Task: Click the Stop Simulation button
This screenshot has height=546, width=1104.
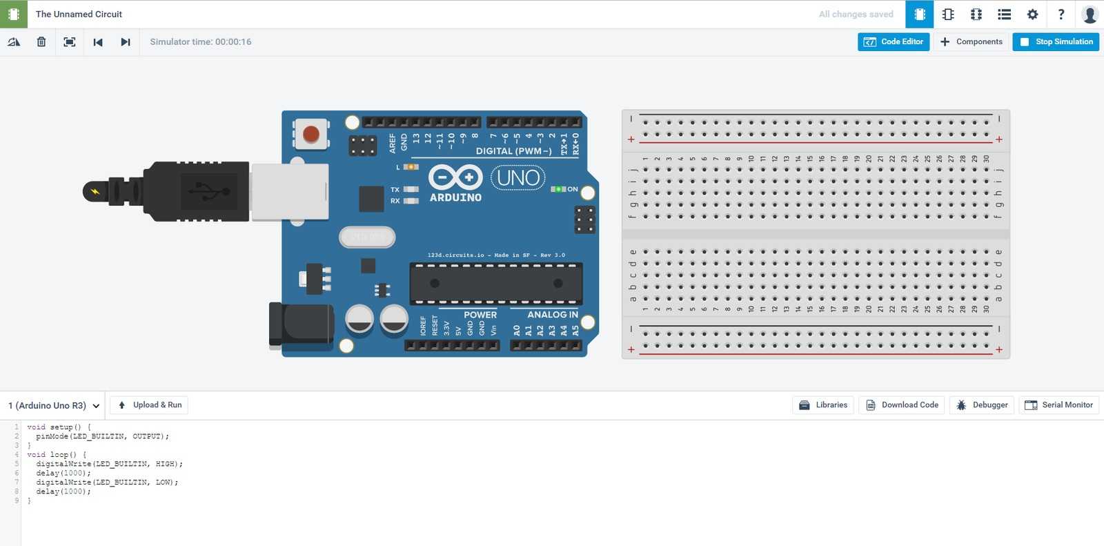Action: (1056, 42)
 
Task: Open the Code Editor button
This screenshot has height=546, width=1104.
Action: (894, 42)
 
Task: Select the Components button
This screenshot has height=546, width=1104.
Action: (972, 42)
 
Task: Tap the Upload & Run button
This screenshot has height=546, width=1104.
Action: (149, 405)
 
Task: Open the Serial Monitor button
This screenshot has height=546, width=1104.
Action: (1058, 405)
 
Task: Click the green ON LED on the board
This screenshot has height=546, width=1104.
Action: (558, 189)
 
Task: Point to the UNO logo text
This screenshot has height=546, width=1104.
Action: (518, 178)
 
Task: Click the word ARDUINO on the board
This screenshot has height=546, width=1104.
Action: (455, 197)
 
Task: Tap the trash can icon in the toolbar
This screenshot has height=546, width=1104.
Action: (41, 42)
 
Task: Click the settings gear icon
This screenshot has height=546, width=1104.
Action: (1032, 14)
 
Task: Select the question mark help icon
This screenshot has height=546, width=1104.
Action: (1061, 14)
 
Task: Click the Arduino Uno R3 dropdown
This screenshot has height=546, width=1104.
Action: (53, 406)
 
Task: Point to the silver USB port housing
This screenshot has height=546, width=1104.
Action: (289, 192)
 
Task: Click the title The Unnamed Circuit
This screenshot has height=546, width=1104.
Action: (79, 14)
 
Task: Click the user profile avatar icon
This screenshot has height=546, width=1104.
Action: (1090, 14)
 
